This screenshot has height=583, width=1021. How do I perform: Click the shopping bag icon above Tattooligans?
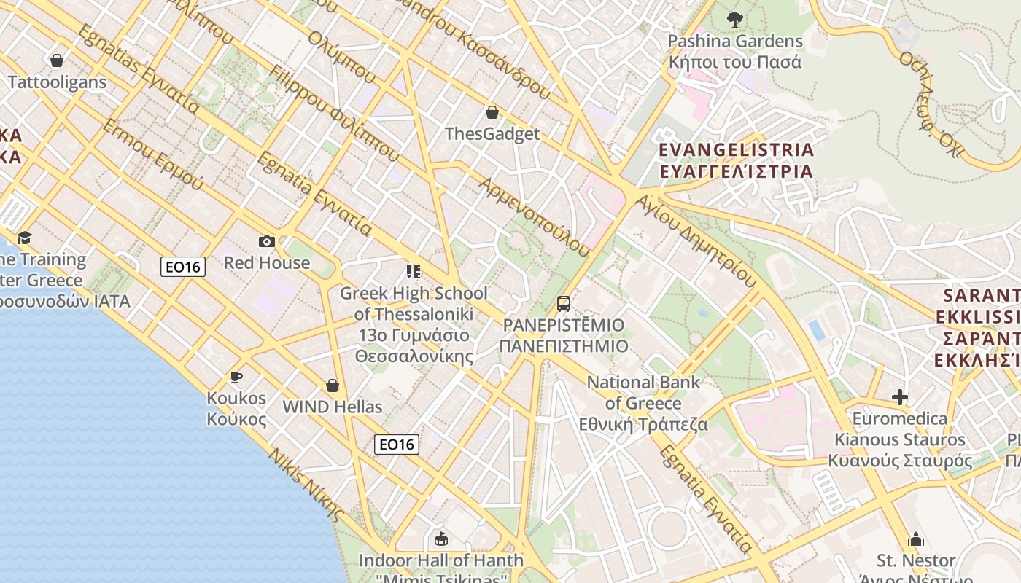pyautogui.click(x=57, y=60)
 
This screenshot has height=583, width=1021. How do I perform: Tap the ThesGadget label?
pyautogui.click(x=492, y=134)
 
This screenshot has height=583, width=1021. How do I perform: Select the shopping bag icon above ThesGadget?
pyautogui.click(x=492, y=112)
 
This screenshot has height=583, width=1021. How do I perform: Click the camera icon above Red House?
pyautogui.click(x=267, y=241)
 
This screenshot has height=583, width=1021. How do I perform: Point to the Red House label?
pyautogui.click(x=267, y=262)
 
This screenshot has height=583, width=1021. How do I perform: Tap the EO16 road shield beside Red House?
pyautogui.click(x=183, y=267)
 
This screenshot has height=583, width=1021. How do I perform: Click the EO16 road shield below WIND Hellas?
pyautogui.click(x=397, y=444)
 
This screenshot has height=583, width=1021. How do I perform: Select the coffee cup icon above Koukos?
pyautogui.click(x=236, y=377)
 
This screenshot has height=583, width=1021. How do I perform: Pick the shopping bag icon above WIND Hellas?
pyautogui.click(x=333, y=385)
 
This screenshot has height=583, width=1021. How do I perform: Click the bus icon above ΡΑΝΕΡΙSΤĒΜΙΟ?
pyautogui.click(x=564, y=303)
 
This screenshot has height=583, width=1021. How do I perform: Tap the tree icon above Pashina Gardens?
pyautogui.click(x=735, y=20)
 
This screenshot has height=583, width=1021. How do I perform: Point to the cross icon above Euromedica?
pyautogui.click(x=900, y=397)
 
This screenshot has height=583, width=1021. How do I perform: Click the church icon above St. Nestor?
pyautogui.click(x=916, y=539)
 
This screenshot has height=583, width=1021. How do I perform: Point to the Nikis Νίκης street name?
pyautogui.click(x=306, y=484)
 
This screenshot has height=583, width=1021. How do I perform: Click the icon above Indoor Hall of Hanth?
pyautogui.click(x=440, y=539)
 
